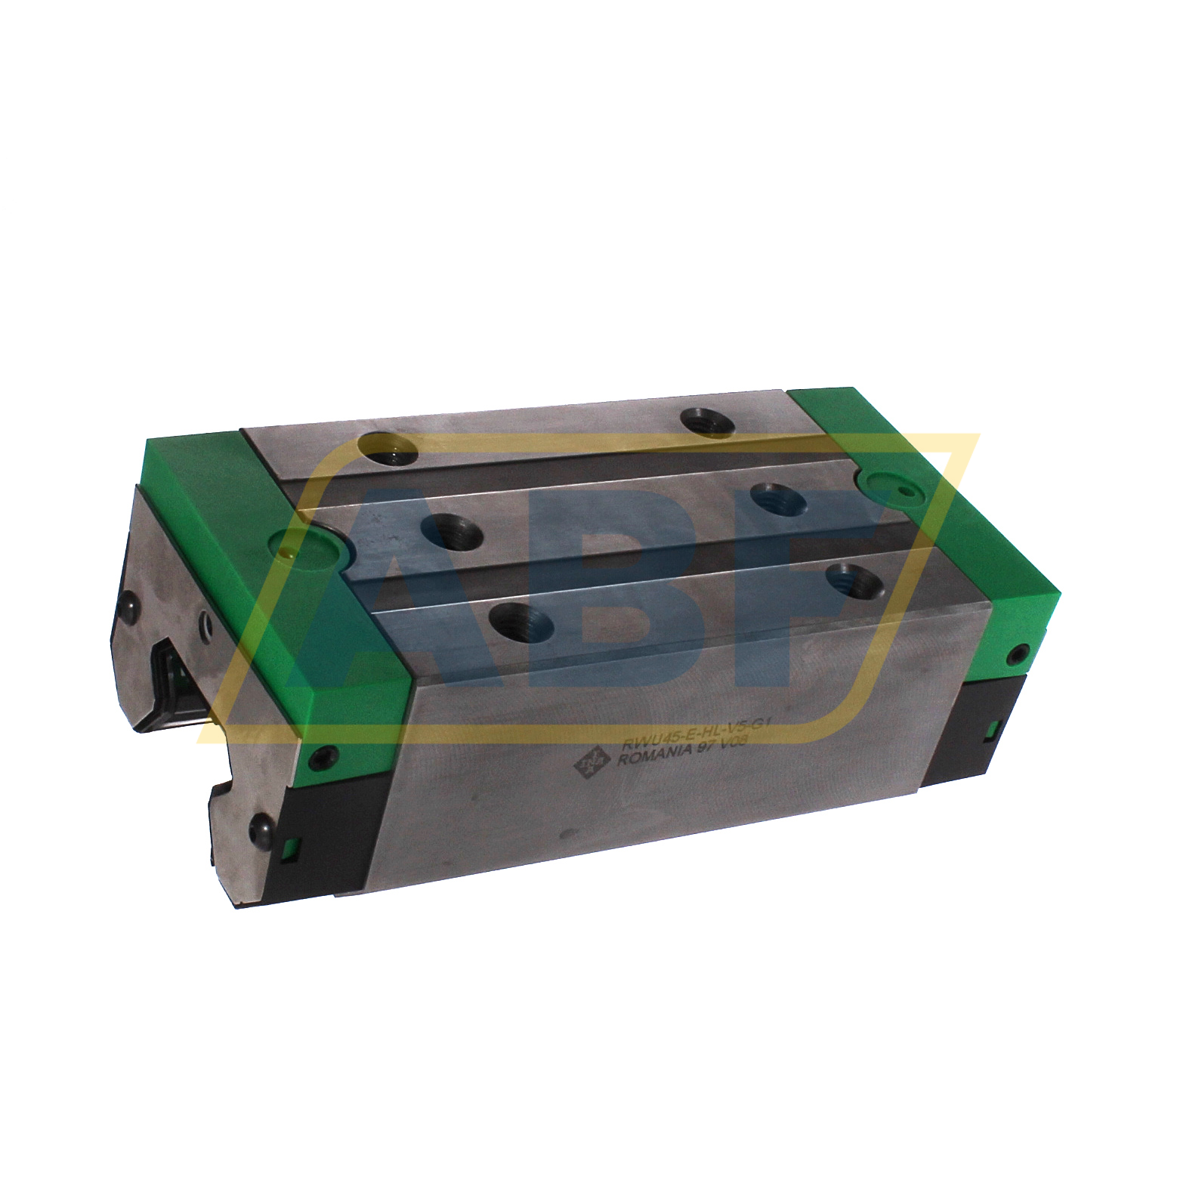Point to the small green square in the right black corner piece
coord(993,727)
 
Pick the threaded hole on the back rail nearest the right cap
coord(708,421)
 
